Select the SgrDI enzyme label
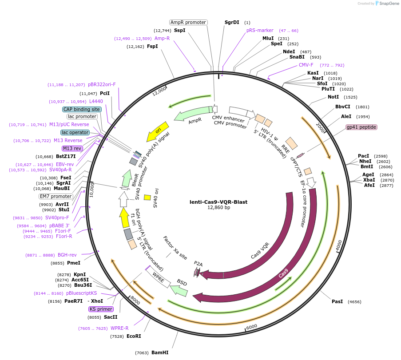232,22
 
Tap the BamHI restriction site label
160,352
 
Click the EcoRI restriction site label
134,336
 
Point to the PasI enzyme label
337,301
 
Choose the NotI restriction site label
333,97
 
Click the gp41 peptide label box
361,127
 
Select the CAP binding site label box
82,109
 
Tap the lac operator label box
75,132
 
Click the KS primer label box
101,309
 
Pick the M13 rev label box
72,148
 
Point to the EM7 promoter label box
56,196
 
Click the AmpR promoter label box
188,22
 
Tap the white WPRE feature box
158,277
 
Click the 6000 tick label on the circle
251,327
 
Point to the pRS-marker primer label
260,31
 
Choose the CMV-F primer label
306,65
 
